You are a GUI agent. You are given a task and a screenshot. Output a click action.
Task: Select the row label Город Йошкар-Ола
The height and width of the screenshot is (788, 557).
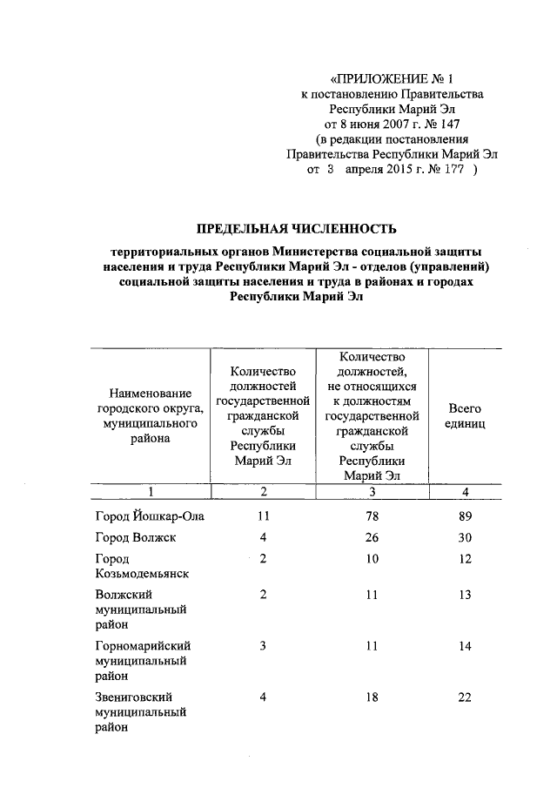click(150, 516)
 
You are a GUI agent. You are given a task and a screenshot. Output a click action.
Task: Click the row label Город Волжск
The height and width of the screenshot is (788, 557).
click(136, 537)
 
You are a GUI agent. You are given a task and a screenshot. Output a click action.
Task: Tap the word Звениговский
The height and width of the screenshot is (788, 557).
click(137, 697)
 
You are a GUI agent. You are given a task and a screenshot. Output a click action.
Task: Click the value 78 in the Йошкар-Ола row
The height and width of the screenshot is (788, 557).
click(372, 516)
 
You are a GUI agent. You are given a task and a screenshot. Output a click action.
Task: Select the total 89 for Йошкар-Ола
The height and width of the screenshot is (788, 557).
click(466, 516)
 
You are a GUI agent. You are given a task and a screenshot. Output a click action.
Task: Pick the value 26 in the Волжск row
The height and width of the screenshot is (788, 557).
click(372, 537)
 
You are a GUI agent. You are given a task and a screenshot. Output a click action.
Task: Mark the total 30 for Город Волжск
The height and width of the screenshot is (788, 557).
click(466, 537)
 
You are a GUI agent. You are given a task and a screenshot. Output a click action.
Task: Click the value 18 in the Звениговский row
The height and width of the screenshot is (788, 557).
click(372, 697)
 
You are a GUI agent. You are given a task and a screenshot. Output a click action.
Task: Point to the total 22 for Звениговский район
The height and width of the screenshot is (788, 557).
click(466, 697)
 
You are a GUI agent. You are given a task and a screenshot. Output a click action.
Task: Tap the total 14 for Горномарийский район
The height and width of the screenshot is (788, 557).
click(466, 646)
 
